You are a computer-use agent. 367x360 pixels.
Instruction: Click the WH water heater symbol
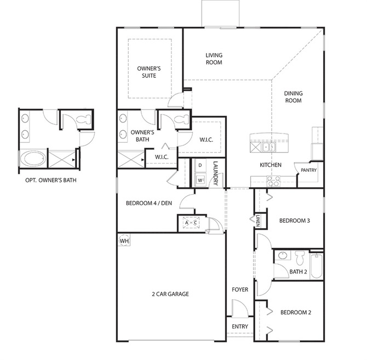click(124, 241)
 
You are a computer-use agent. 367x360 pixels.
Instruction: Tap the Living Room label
click(214, 59)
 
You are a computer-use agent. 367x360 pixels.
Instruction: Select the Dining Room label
click(293, 97)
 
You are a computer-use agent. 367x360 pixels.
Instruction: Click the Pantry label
click(308, 170)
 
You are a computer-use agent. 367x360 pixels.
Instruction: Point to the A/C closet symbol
click(191, 223)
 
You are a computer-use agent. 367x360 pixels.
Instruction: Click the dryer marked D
click(200, 165)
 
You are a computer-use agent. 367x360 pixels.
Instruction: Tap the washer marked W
click(200, 180)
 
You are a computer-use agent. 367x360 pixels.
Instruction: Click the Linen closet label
click(258, 220)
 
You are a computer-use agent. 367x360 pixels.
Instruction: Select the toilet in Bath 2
click(300, 257)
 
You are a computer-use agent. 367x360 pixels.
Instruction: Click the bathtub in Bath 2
click(317, 265)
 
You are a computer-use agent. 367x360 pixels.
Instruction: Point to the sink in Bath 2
click(282, 255)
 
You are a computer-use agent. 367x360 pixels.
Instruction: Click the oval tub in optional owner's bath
click(33, 159)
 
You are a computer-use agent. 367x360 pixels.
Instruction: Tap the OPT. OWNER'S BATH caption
click(51, 180)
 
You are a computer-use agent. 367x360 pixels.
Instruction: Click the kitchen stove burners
click(274, 181)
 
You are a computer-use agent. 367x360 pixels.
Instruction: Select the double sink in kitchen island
click(268, 147)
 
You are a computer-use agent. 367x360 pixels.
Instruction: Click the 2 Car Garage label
click(170, 294)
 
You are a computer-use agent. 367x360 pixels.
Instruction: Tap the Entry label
click(240, 326)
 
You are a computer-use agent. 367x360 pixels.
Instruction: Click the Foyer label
click(240, 289)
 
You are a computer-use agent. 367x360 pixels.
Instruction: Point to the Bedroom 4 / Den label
click(149, 203)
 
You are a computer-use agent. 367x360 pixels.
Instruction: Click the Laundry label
click(216, 173)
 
